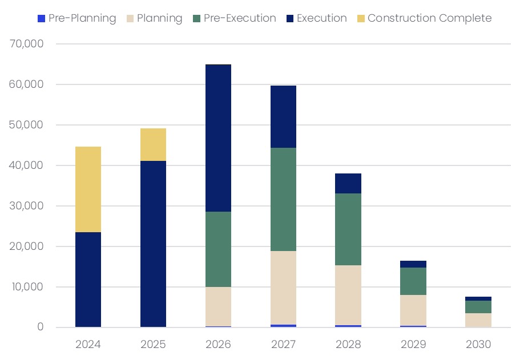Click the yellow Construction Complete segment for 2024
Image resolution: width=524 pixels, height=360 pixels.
tap(88, 189)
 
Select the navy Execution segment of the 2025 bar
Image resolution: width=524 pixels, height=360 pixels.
tap(153, 244)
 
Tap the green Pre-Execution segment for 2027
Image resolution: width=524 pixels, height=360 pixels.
tap(283, 199)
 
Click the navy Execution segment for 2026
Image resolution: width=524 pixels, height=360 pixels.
tap(218, 138)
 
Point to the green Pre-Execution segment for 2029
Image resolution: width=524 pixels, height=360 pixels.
tap(413, 281)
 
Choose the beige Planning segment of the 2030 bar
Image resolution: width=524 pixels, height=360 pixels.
tap(478, 319)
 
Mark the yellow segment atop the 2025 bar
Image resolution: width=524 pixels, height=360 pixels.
tap(153, 144)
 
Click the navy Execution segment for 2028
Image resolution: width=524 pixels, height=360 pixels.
tap(348, 183)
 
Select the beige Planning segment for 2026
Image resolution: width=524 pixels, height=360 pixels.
tap(218, 306)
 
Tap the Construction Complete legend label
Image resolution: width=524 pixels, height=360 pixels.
tap(429, 18)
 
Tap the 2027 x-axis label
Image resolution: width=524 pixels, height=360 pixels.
tap(283, 345)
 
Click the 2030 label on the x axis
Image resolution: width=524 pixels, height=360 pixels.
tap(478, 345)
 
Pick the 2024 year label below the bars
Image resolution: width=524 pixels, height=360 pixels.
tap(88, 345)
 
